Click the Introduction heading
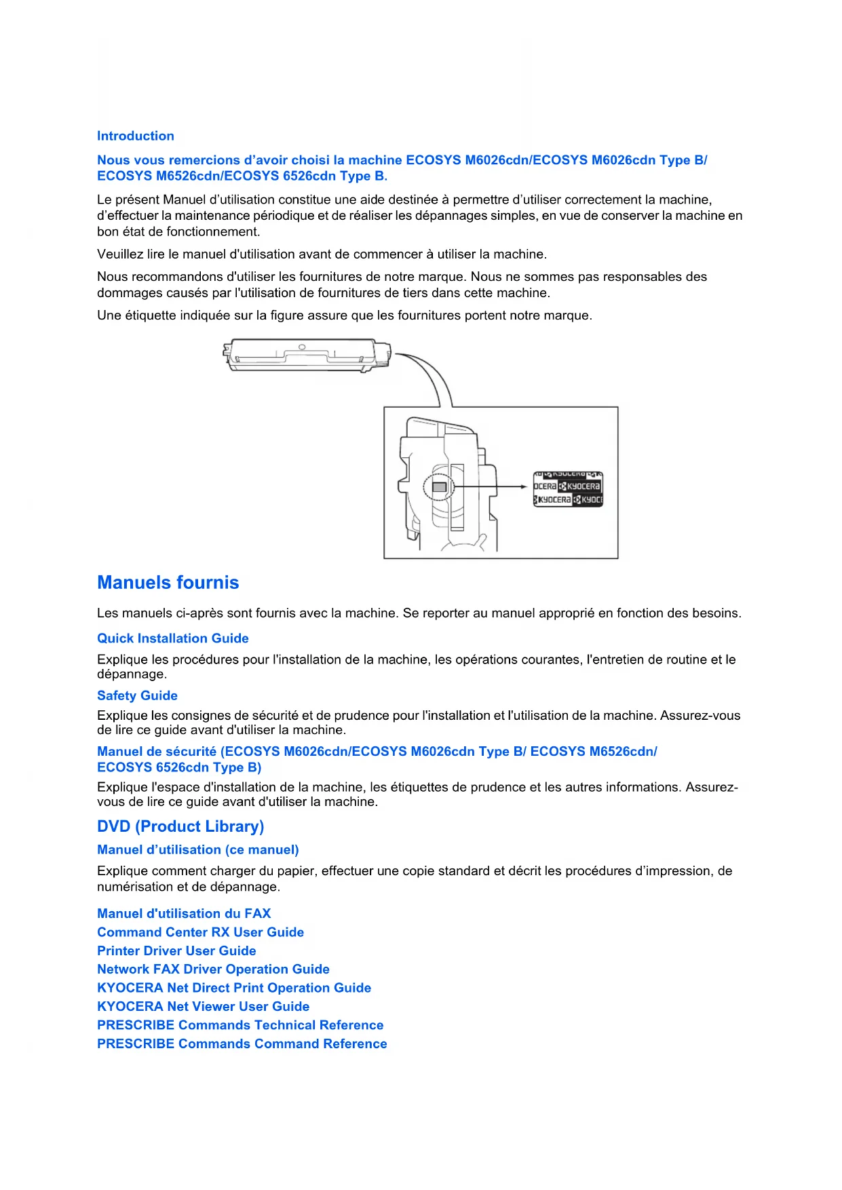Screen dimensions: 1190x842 (135, 136)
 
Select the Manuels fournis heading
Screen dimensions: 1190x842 (168, 583)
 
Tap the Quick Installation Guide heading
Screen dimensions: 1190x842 (172, 638)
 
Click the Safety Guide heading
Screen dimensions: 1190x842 (137, 695)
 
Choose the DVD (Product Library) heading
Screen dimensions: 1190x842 (180, 826)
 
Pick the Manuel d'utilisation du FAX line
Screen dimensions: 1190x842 (184, 913)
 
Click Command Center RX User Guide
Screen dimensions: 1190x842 (200, 932)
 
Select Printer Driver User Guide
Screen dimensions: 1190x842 (176, 951)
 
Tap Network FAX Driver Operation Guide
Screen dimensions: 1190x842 (213, 970)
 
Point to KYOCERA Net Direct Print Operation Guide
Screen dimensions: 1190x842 (234, 988)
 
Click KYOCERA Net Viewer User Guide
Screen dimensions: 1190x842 (203, 1006)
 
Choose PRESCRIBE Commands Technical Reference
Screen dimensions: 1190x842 (240, 1025)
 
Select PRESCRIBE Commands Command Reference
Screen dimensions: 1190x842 (242, 1043)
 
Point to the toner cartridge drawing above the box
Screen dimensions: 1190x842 (307, 355)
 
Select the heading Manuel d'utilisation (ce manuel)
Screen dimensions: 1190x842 (197, 849)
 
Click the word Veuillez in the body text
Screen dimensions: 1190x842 (120, 254)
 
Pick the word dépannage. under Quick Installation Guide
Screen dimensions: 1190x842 (132, 674)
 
